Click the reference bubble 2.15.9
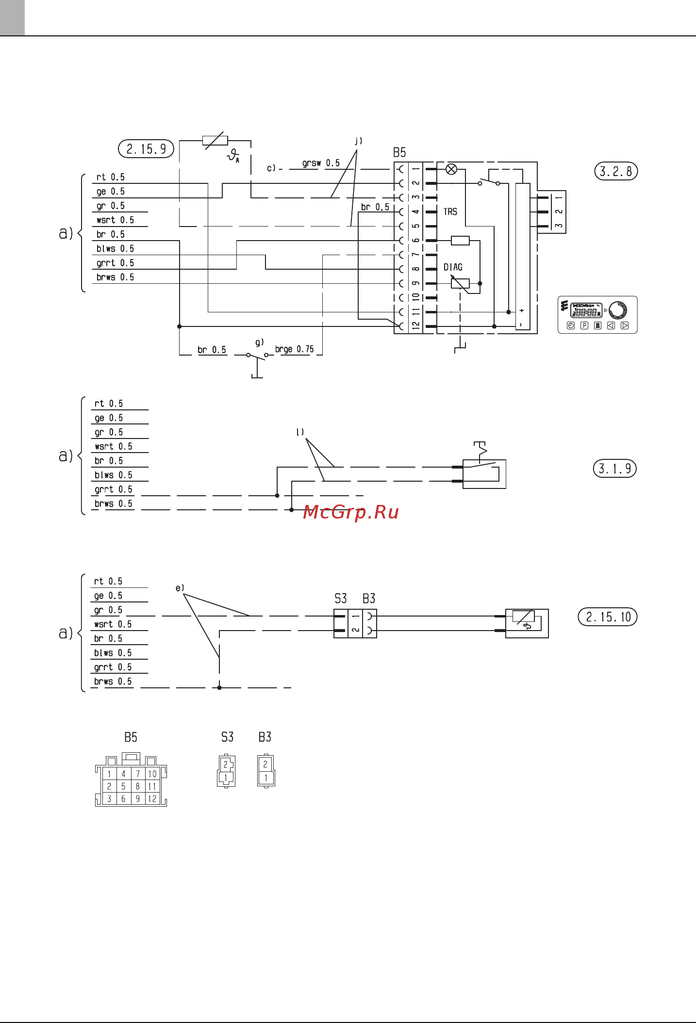click(146, 149)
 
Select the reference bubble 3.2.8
click(616, 171)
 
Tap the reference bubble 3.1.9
click(614, 469)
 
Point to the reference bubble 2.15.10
click(608, 617)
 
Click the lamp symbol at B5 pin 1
click(451, 169)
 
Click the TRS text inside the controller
click(450, 212)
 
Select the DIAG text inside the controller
click(453, 267)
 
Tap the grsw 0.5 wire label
click(321, 163)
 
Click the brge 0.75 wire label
click(294, 349)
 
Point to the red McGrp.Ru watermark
click(350, 512)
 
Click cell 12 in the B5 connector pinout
click(152, 799)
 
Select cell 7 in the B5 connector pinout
click(138, 774)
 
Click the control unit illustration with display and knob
click(597, 315)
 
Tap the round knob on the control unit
click(618, 309)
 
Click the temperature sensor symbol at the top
click(215, 141)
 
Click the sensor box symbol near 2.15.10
click(527, 623)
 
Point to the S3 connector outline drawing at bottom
click(226, 771)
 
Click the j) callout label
click(358, 141)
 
